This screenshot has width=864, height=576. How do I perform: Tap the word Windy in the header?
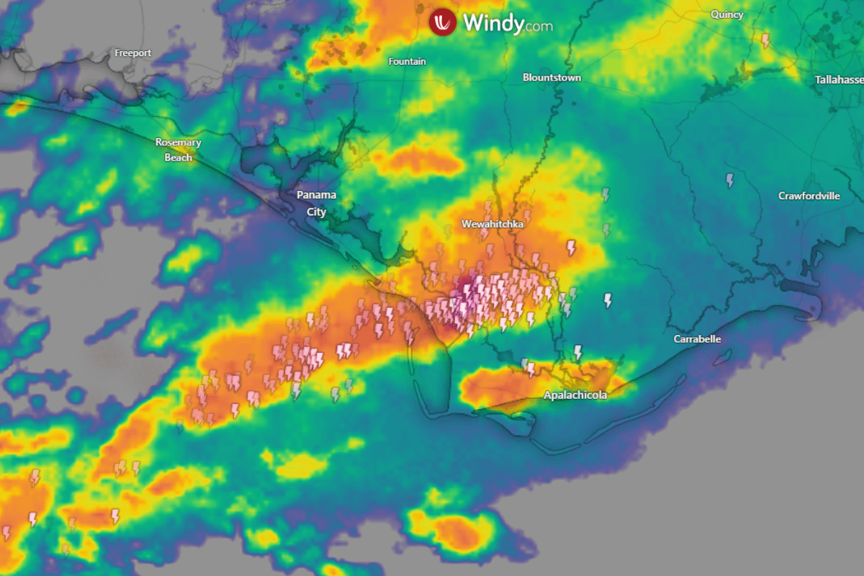click(492, 22)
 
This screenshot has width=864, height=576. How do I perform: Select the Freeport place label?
click(132, 53)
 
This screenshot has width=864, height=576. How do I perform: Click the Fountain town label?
click(407, 62)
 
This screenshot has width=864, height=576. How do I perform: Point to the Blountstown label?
click(552, 78)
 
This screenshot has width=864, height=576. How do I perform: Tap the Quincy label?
click(726, 14)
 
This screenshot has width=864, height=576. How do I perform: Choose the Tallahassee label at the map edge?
click(840, 79)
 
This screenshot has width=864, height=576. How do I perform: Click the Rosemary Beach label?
click(178, 149)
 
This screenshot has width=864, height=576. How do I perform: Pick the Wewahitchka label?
click(492, 225)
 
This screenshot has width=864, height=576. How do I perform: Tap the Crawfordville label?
click(809, 196)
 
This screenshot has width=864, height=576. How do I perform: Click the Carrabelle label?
click(697, 339)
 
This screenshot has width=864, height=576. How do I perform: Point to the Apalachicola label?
click(575, 395)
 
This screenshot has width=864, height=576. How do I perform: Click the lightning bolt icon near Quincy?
click(765, 40)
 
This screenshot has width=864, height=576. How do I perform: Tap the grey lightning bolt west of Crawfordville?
click(730, 180)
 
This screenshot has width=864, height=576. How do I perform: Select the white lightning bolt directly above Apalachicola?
click(577, 352)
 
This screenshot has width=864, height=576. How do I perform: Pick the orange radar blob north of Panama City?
click(418, 161)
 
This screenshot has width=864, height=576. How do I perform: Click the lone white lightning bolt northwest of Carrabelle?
click(608, 300)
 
